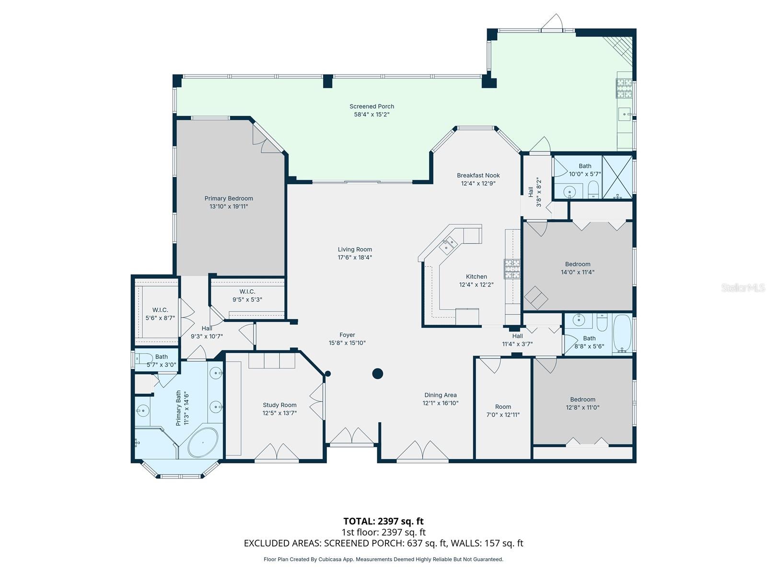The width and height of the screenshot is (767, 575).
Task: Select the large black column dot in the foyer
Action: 378,373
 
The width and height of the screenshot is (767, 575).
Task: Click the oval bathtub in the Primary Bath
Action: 203,442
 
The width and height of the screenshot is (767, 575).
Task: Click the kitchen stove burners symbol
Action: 511,269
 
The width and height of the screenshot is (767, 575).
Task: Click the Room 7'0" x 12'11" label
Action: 503,411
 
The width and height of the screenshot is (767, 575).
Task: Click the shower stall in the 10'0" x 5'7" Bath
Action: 617,177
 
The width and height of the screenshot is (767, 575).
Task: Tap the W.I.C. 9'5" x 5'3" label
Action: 247,296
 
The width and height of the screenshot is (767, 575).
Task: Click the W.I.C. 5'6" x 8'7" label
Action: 160,314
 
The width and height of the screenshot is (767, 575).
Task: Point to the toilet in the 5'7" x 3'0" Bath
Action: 144,357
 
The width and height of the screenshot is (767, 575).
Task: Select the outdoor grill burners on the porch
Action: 624,88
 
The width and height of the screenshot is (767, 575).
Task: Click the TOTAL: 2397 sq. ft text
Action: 383,521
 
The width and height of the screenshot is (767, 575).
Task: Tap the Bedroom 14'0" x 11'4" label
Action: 577,268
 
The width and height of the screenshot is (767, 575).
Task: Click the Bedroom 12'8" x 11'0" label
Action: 582,403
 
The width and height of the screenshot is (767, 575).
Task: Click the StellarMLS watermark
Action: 743,287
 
